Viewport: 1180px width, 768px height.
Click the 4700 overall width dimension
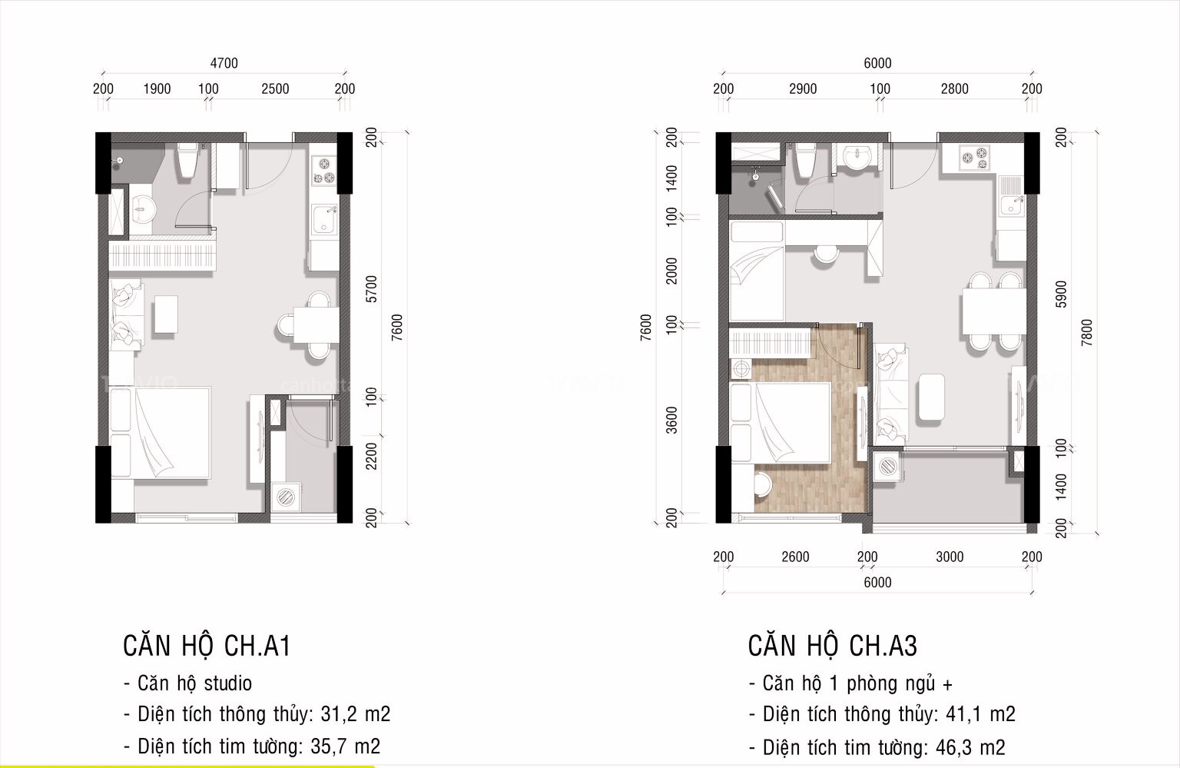pyautogui.click(x=224, y=63)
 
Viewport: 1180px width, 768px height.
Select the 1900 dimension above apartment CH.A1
pyautogui.click(x=157, y=89)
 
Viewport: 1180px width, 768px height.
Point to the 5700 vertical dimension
pyautogui.click(x=372, y=289)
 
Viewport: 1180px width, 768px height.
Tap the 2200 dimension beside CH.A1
pyautogui.click(x=372, y=455)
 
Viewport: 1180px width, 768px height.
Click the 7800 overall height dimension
pyautogui.click(x=1086, y=332)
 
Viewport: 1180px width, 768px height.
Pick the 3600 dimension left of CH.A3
pyautogui.click(x=672, y=420)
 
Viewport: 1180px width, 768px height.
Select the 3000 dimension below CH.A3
pyautogui.click(x=950, y=557)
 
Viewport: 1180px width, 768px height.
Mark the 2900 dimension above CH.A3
pyautogui.click(x=803, y=89)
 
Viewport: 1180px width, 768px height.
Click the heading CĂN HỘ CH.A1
pyautogui.click(x=207, y=647)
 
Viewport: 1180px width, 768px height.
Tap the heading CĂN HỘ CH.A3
pyautogui.click(x=832, y=647)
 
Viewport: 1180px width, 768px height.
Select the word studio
pyautogui.click(x=227, y=683)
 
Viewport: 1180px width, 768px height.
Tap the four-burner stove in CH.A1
pyautogui.click(x=323, y=171)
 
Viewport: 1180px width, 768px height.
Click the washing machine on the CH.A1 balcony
pyautogui.click(x=287, y=497)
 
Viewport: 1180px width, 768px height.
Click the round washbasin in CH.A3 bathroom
pyautogui.click(x=854, y=157)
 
